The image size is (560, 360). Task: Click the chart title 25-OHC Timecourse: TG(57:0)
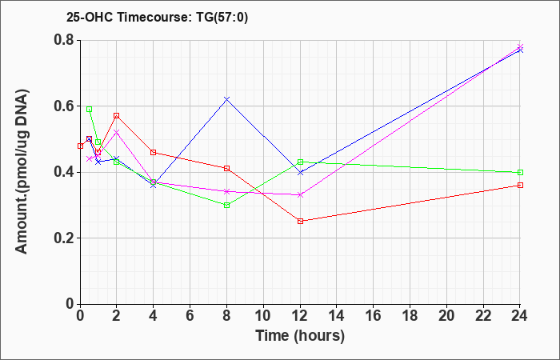157,18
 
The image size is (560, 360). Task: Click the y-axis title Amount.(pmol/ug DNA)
22,171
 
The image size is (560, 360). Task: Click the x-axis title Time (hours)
300,336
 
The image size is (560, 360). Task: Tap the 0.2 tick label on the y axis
64,238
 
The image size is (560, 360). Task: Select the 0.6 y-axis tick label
64,106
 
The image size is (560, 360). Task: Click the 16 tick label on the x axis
374,316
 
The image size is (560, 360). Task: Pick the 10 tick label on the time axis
263,316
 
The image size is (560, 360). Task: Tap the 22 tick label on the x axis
483,316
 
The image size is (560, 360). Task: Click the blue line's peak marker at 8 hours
226,99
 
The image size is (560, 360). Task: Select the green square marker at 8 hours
226,206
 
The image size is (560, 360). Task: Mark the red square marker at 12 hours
300,221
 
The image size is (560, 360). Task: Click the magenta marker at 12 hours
300,195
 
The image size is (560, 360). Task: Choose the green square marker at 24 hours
520,173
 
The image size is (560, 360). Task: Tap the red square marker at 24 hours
520,185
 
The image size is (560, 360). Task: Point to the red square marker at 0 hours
80,146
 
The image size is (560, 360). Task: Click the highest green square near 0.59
90,110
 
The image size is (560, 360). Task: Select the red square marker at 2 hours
117,116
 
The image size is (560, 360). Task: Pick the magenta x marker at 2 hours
117,132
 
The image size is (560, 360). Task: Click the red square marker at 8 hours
226,168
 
